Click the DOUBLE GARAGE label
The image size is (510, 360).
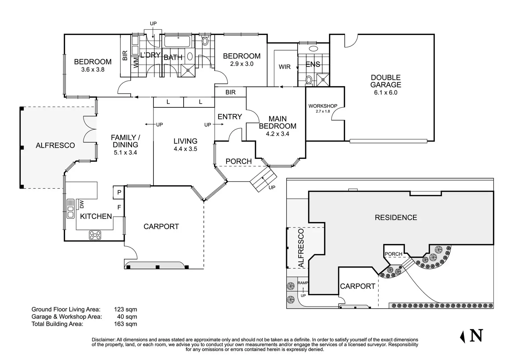point(386,81)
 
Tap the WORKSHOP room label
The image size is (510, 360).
point(323,106)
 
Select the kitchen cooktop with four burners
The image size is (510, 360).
point(95,235)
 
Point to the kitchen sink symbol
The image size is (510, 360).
point(71,209)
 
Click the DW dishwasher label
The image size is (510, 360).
point(82,205)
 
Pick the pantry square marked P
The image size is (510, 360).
point(119,192)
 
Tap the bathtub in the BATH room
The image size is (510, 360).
point(177,41)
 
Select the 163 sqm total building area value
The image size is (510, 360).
point(125,324)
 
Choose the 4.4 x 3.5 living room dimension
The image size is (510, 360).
point(185,149)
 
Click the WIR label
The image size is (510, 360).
point(284,67)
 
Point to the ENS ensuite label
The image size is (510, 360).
point(313,64)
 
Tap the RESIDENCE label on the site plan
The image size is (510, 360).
point(396,217)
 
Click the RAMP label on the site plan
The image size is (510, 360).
point(302,283)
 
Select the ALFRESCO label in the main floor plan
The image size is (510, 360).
point(55,145)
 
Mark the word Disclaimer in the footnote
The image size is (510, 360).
point(103,340)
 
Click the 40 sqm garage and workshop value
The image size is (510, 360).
point(127,317)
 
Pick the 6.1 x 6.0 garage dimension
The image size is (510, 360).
point(385,92)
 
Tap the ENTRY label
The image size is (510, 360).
point(230,117)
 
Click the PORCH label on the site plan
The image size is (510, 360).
point(394,254)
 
